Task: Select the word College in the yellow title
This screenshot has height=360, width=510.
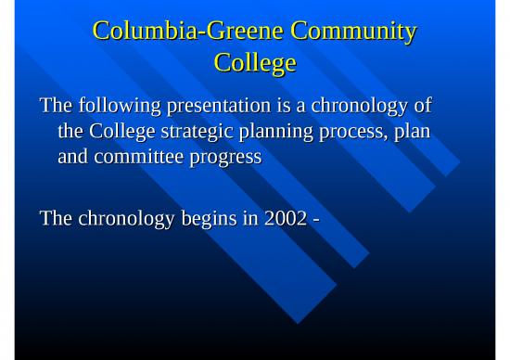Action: click(x=255, y=63)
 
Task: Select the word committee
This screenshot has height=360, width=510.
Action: click(x=134, y=157)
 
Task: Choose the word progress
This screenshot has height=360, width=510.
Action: click(x=223, y=157)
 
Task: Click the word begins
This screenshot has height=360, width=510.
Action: click(x=204, y=219)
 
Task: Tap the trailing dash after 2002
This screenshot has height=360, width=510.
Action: click(x=316, y=220)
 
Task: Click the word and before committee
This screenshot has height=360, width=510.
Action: click(x=72, y=157)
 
